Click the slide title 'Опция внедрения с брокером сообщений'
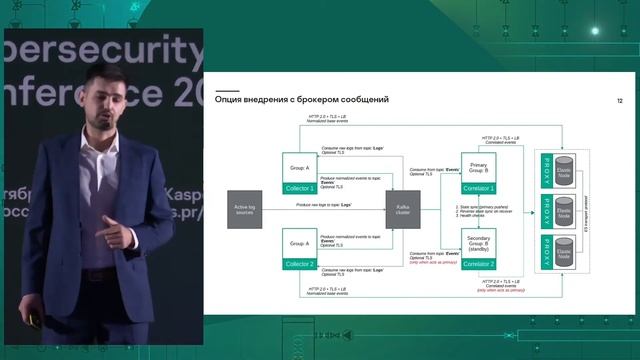coord(301,100)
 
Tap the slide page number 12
coord(620,101)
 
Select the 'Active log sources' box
coord(244,211)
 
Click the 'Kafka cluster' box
coord(402,211)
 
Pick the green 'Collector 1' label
coord(300,188)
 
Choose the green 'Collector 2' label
coord(300,264)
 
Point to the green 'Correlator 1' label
coord(478,188)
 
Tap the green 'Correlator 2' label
coord(478,264)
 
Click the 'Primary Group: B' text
coord(478,165)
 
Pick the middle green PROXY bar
coord(546,211)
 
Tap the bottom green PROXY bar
coord(546,254)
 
